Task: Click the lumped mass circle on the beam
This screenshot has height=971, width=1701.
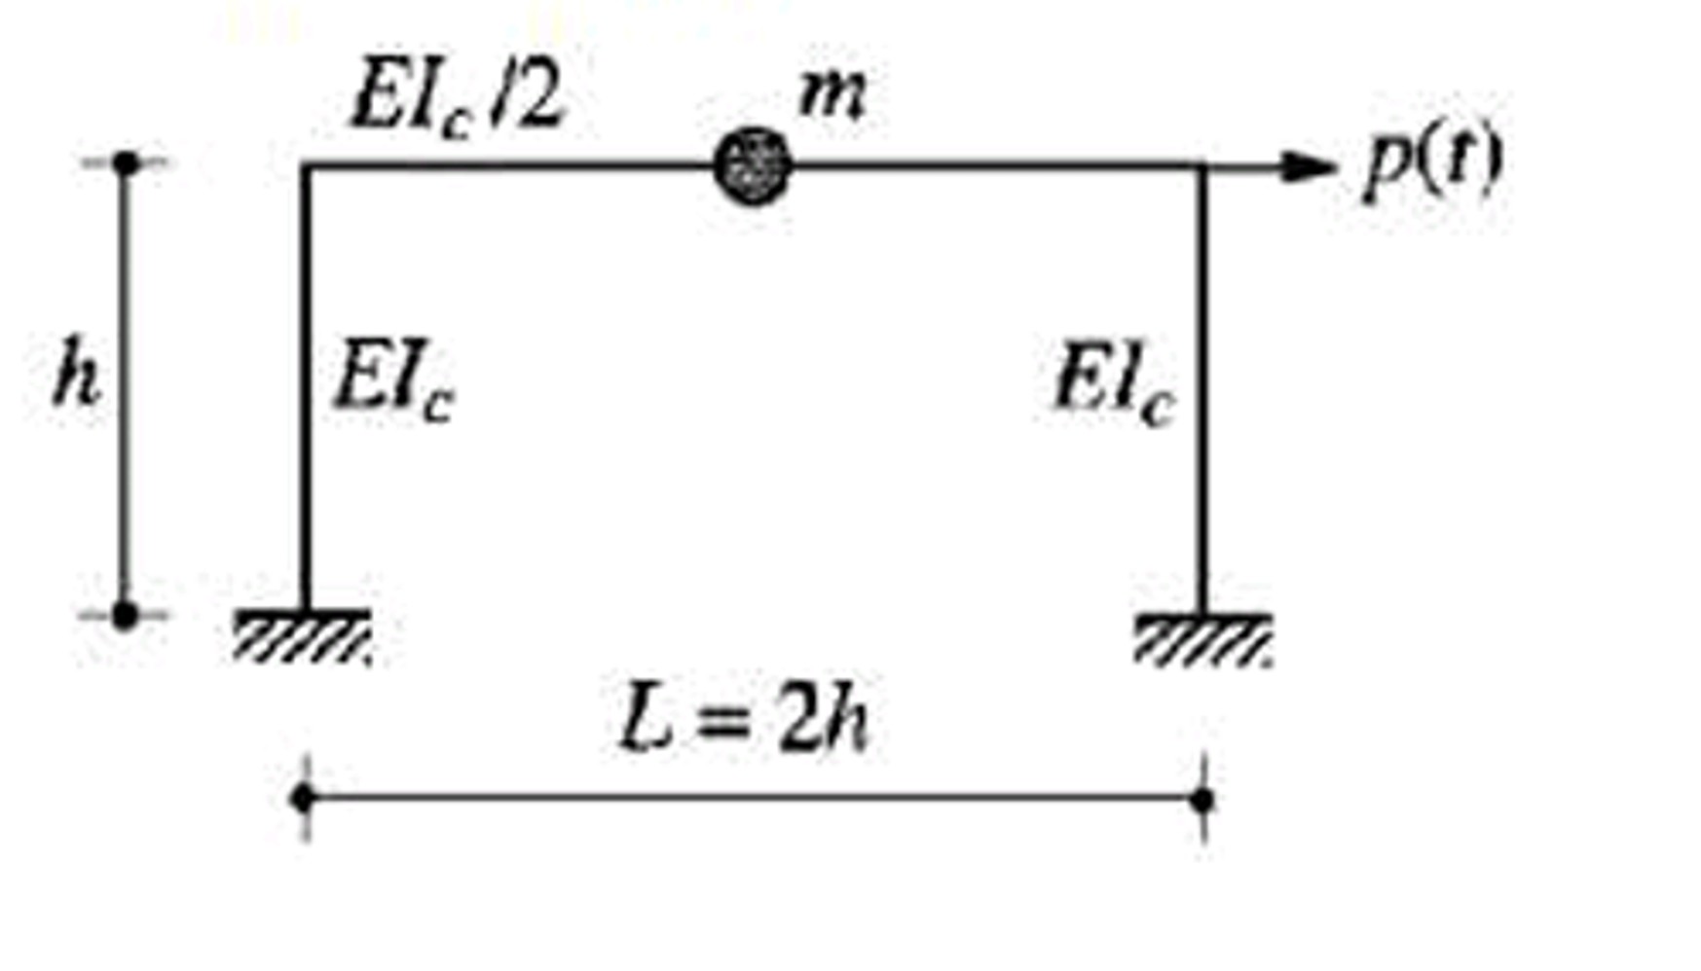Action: [x=752, y=166]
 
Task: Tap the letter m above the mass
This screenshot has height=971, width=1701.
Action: [x=831, y=95]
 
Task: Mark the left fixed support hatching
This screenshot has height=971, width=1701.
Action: [x=302, y=637]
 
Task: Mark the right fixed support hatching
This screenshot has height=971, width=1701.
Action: [x=1202, y=639]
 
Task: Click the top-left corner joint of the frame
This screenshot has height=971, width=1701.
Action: [x=306, y=166]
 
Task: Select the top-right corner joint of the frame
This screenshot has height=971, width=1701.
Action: [x=1204, y=166]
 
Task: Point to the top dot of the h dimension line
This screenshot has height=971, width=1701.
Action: [x=126, y=162]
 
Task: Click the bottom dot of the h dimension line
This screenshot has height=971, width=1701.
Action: [x=125, y=615]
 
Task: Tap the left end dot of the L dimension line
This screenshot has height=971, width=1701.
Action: [x=304, y=799]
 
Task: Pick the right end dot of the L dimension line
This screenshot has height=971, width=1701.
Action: [x=1203, y=800]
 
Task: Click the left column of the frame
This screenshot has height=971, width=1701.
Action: [x=306, y=389]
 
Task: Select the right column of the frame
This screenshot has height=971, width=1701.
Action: [x=1204, y=389]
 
